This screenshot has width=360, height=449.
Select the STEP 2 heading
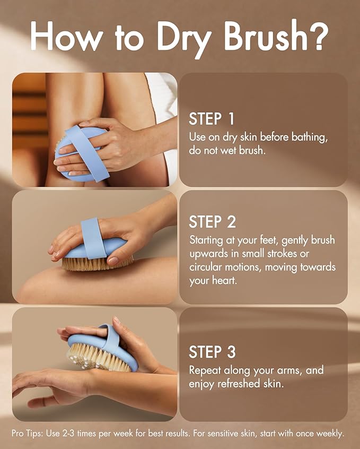click(x=213, y=221)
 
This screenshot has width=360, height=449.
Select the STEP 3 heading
click(x=213, y=351)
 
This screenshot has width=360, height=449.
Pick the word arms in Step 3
click(x=304, y=369)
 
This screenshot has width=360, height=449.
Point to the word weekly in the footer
click(x=330, y=433)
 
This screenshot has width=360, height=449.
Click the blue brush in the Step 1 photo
click(x=80, y=154)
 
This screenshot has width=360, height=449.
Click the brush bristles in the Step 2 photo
click(x=98, y=263)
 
